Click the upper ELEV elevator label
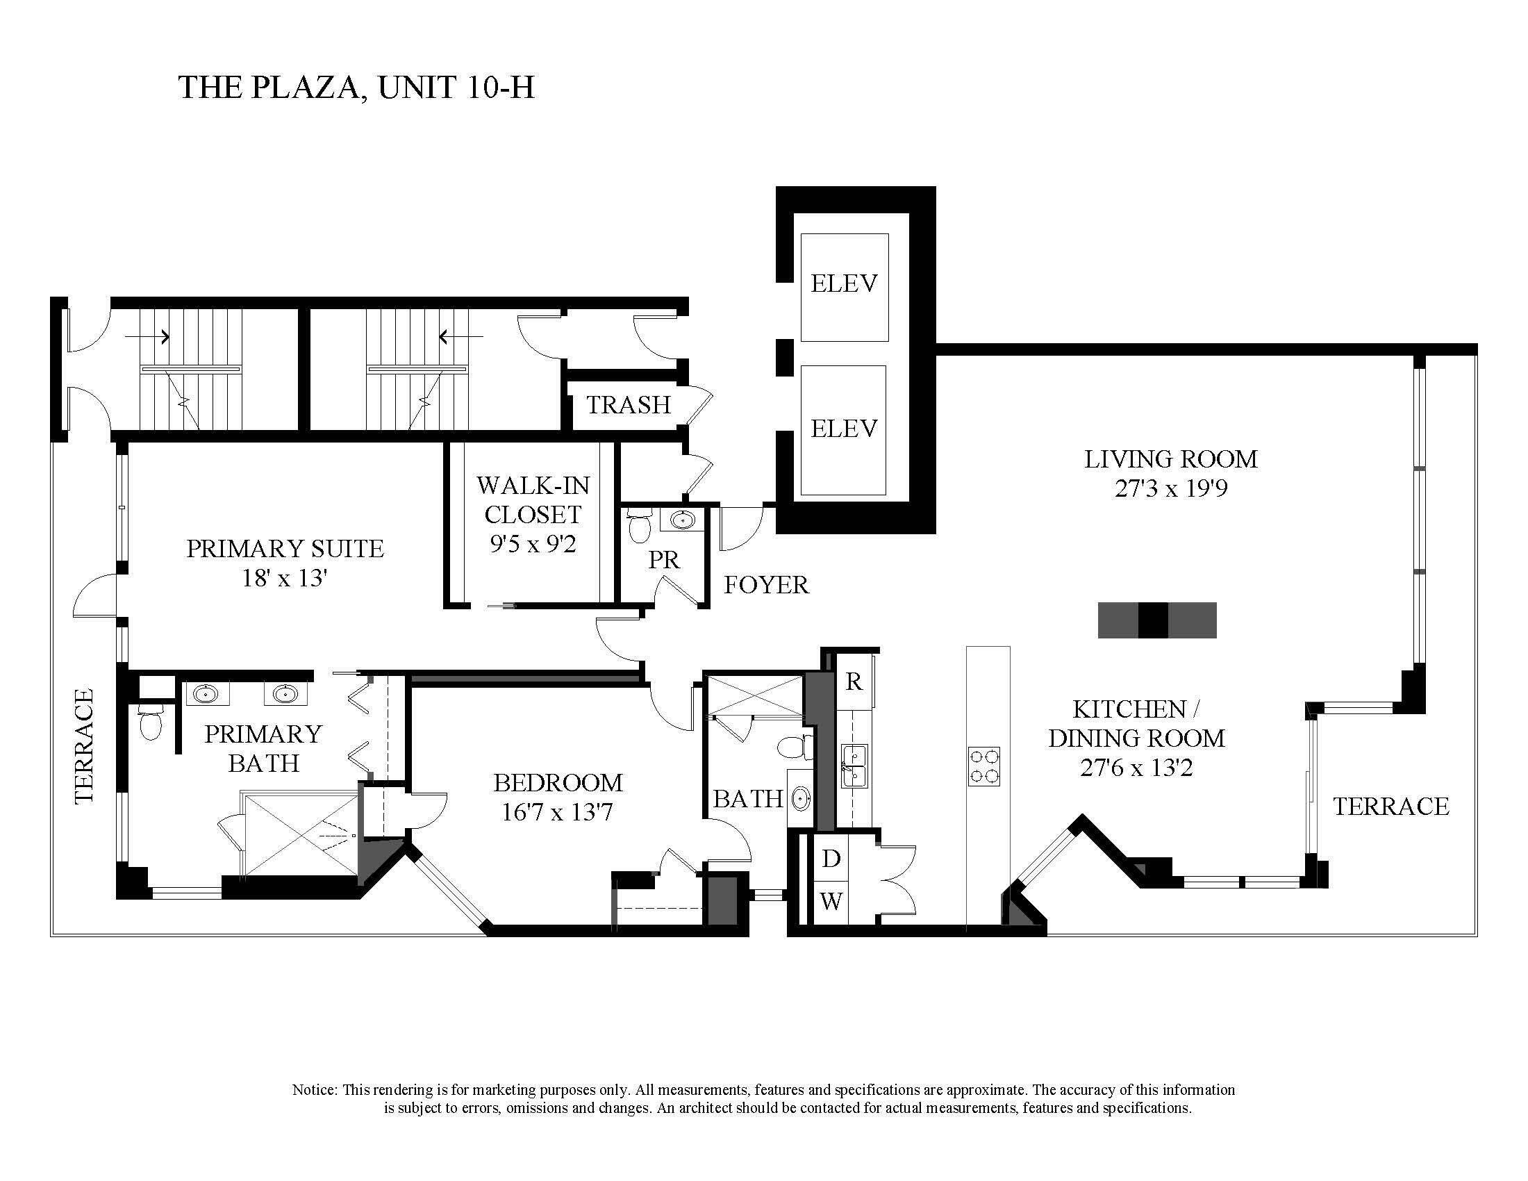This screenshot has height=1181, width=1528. point(844,283)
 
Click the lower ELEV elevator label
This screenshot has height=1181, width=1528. point(844,428)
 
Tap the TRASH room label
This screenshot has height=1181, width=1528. point(629,404)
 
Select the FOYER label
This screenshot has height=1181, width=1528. point(766,584)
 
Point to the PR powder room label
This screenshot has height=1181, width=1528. point(663,560)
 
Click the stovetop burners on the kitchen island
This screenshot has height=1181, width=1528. point(983,766)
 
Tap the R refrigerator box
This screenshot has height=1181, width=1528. point(854,682)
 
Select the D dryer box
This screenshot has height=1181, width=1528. point(831,859)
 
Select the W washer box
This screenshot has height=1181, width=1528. point(831,902)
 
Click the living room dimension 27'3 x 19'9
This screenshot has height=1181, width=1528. point(1171,488)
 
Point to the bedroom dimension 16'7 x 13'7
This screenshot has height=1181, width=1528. point(558,812)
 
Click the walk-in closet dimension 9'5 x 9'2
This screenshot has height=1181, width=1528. point(533,544)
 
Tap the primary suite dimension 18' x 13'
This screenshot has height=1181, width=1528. point(285,578)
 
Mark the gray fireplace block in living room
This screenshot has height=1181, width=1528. point(1156,620)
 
